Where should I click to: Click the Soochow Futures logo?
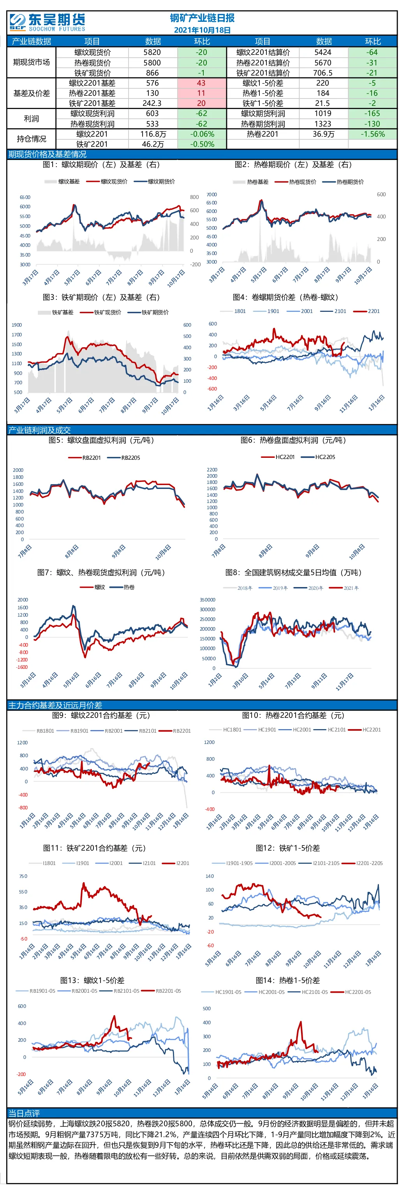tap(48, 22)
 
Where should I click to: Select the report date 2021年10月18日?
tap(202, 30)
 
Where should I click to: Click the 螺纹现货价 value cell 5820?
tap(152, 53)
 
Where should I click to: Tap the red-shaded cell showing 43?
tap(201, 83)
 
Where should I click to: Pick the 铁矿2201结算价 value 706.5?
tap(323, 73)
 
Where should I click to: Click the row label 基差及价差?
tap(31, 93)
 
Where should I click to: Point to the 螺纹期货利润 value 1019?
tap(323, 113)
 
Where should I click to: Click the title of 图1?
tap(101, 165)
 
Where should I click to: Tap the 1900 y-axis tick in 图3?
tap(17, 325)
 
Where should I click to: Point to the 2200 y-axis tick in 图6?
tap(212, 469)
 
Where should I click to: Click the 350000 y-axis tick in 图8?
tap(208, 600)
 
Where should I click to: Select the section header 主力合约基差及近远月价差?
tap(55, 705)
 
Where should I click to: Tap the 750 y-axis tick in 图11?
tap(23, 876)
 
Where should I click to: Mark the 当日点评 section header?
tap(24, 1113)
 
